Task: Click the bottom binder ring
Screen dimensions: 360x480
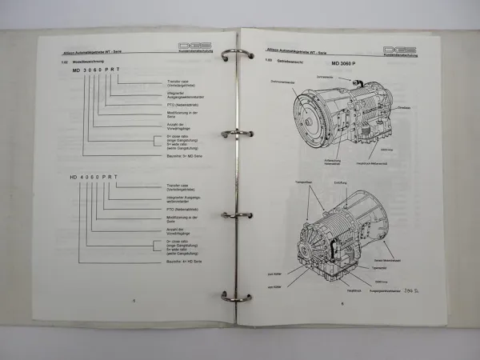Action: coord(238,296)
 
